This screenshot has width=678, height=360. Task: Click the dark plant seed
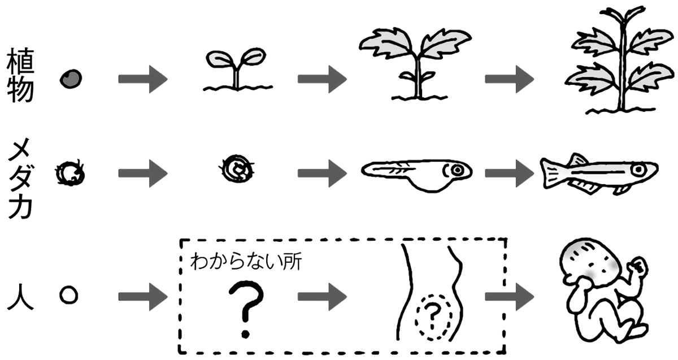click(71, 78)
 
